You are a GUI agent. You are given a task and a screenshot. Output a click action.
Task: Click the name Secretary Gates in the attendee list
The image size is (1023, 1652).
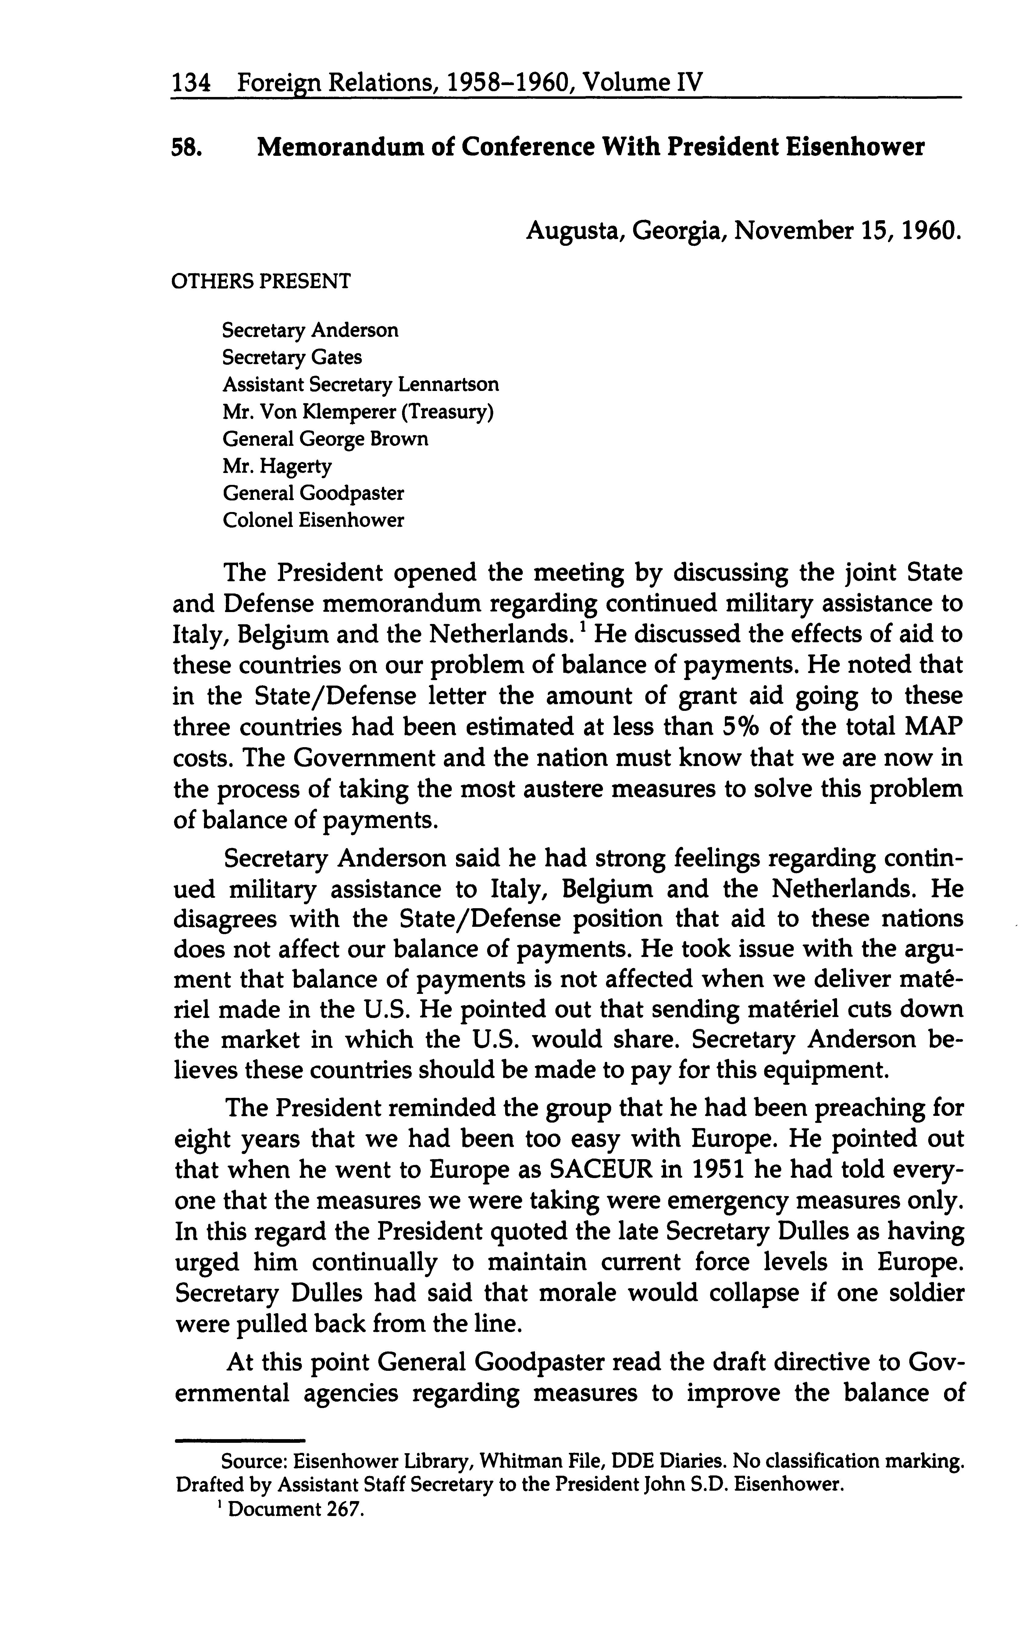(x=292, y=357)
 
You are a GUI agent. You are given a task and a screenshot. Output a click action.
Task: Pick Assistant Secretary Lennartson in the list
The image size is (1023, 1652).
(x=361, y=384)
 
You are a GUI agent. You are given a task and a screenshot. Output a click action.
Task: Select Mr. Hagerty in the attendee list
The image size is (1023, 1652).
(x=277, y=466)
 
